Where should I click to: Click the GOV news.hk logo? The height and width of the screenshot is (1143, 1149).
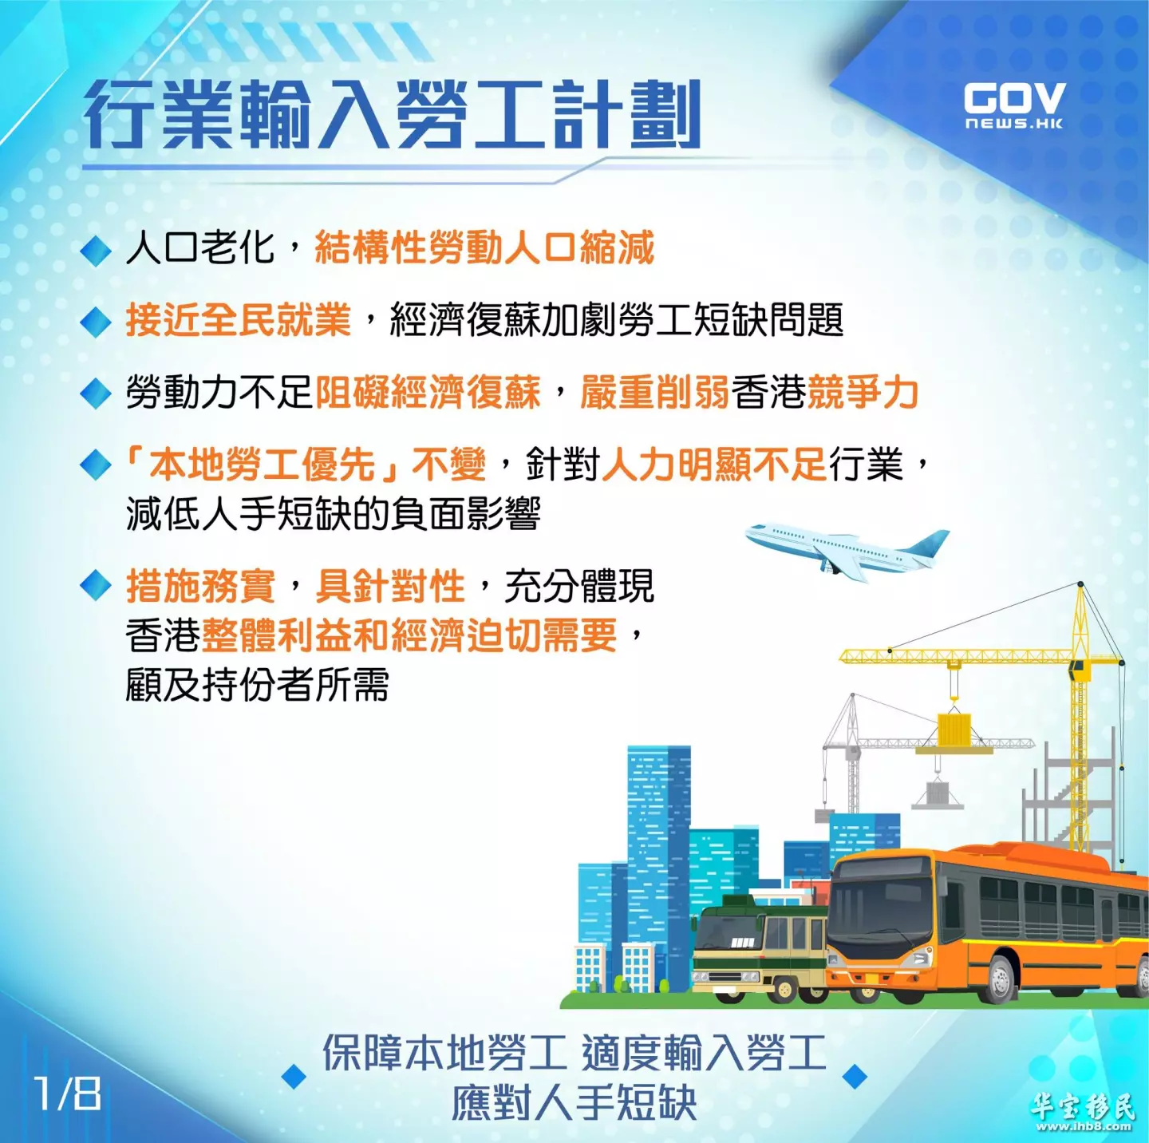(x=1013, y=106)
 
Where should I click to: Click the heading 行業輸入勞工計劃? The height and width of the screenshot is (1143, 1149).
(x=392, y=114)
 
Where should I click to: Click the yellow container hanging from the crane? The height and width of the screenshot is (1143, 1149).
(x=954, y=730)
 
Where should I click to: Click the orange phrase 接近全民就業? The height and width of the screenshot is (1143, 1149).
(x=238, y=320)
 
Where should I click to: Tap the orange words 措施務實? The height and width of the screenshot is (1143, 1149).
(x=200, y=586)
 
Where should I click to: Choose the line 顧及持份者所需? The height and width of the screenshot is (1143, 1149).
(x=257, y=684)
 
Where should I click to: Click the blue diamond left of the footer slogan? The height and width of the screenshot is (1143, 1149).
(x=294, y=1077)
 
